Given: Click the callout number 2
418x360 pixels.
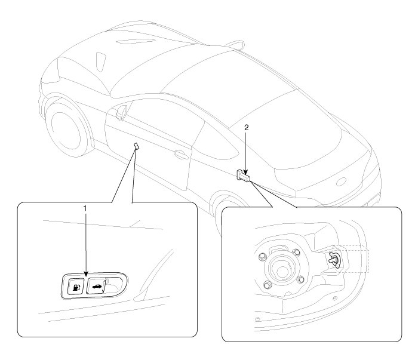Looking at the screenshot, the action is (246, 128).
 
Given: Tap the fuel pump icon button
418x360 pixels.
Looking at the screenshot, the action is (75, 287).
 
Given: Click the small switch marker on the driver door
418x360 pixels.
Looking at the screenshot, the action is (136, 145).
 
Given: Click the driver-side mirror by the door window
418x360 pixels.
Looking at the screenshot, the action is (123, 112).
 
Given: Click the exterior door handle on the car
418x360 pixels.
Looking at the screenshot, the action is (179, 155).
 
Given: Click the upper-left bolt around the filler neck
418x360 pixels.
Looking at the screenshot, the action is (261, 258).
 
